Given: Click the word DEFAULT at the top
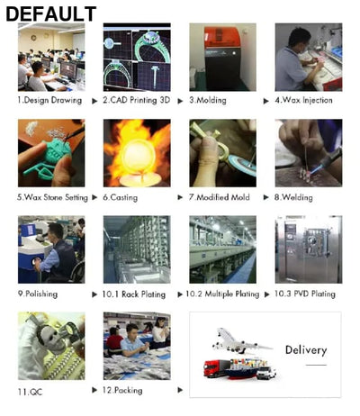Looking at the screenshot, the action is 51,14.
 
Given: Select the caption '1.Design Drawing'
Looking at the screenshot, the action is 49,100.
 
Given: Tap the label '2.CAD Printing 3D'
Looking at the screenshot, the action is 137,100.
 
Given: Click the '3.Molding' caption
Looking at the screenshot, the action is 208,100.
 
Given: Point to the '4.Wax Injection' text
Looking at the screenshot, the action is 303,100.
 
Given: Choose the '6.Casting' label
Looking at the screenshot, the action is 121,197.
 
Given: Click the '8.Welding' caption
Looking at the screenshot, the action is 293,197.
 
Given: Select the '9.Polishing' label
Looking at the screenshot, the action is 38,294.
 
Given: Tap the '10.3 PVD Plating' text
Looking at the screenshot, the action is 305,294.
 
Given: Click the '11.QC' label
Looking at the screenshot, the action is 30,392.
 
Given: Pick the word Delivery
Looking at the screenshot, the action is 306,350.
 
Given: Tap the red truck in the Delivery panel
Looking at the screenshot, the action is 216,368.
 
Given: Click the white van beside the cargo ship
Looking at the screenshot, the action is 266,373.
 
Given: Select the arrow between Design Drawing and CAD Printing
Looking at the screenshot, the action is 94,101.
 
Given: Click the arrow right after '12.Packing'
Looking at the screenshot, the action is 180,390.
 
